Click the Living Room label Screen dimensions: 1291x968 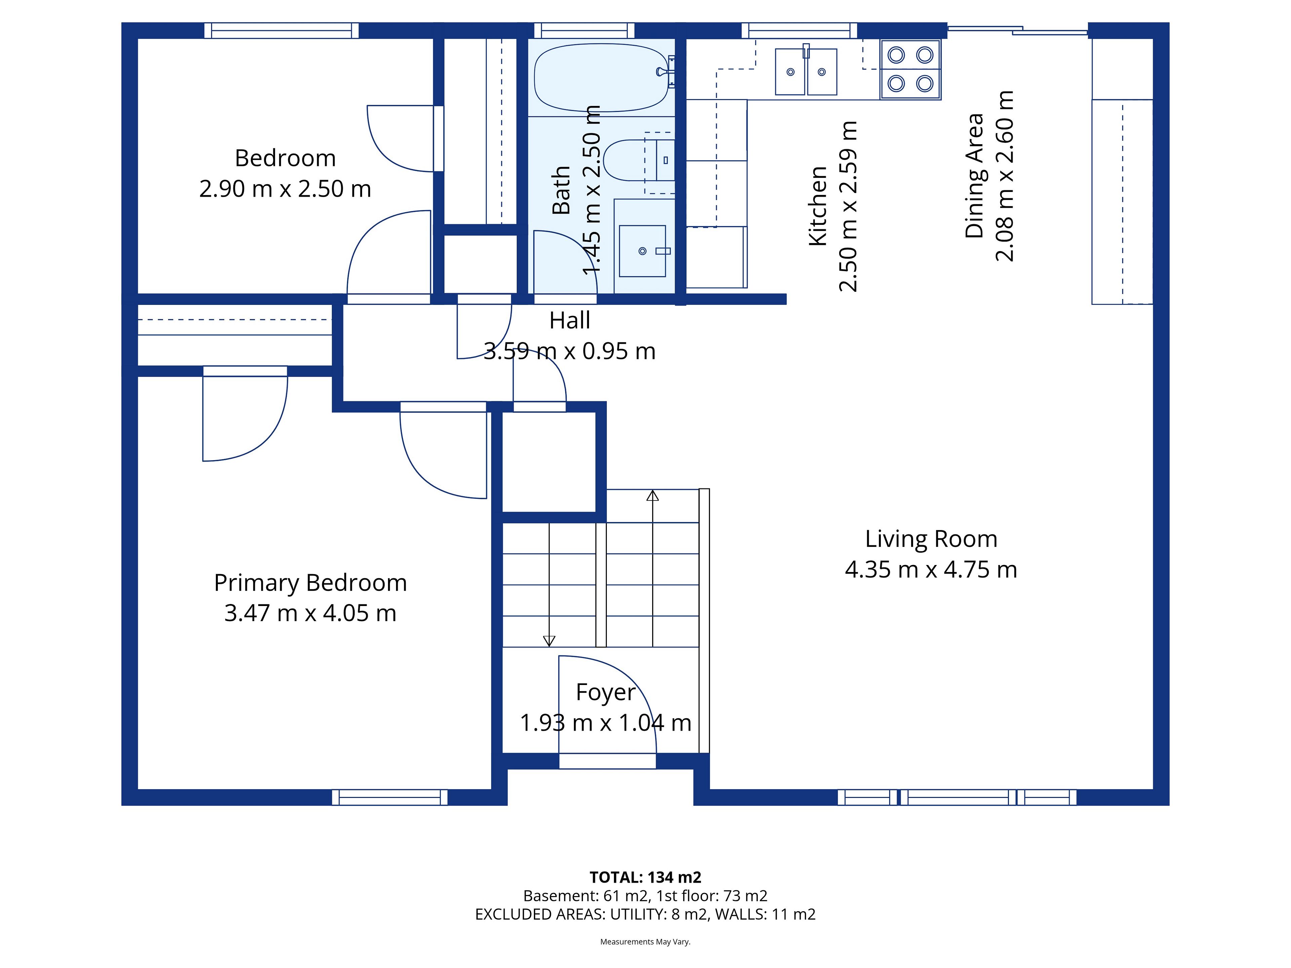tap(931, 538)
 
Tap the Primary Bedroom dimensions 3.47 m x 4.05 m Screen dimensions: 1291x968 tap(311, 613)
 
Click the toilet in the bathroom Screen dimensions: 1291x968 tap(639, 160)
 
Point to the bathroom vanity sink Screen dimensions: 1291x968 tap(642, 251)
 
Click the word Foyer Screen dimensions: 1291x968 tap(605, 693)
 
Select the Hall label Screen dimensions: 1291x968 tap(570, 320)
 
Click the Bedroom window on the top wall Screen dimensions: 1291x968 tap(281, 30)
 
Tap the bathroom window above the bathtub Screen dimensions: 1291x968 tap(584, 30)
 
